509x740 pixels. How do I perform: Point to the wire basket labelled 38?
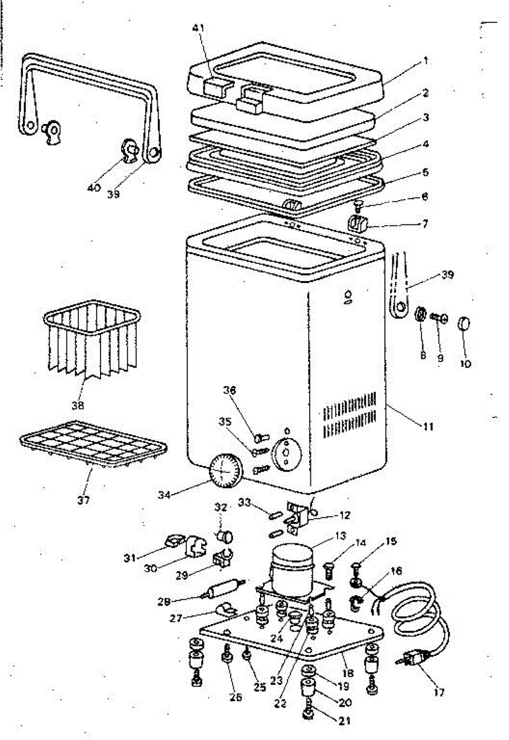pyautogui.click(x=93, y=342)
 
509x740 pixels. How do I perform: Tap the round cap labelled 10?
pyautogui.click(x=465, y=323)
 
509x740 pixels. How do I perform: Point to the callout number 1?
pyautogui.click(x=424, y=62)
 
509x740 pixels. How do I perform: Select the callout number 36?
pyautogui.click(x=230, y=390)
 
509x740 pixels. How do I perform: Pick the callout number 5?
pyautogui.click(x=425, y=171)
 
